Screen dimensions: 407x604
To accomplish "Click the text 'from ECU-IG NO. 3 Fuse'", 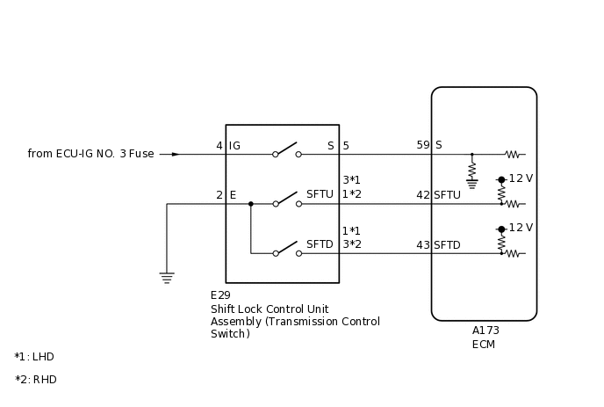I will tap(90, 154).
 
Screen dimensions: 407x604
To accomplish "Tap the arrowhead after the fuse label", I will tap(176, 154).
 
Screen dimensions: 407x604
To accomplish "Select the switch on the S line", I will tap(286, 151).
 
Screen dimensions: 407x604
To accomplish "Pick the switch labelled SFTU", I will tap(286, 201).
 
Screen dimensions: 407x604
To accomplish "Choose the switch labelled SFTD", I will tap(286, 251).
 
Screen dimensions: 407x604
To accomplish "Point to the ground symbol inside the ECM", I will tap(472, 184).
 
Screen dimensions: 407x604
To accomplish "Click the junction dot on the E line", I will tap(250, 204).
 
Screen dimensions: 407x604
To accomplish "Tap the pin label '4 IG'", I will tap(228, 146).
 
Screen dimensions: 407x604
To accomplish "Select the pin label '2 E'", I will tap(226, 195).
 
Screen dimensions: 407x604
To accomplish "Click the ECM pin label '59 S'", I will tap(429, 146).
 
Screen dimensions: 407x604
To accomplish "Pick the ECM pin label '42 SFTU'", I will tap(438, 195).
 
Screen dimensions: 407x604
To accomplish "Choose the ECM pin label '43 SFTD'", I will tap(438, 245).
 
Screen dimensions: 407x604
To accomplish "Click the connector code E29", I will tap(220, 295).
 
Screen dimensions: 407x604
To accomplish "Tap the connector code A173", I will tap(485, 331).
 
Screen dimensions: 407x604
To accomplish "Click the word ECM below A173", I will tap(484, 344).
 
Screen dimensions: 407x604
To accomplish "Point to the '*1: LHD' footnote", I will tap(34, 357).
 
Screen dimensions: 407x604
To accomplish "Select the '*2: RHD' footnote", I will tap(35, 380).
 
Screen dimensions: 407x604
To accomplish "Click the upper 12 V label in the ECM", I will tap(521, 178).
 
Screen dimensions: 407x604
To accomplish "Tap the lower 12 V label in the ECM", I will tap(521, 228).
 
